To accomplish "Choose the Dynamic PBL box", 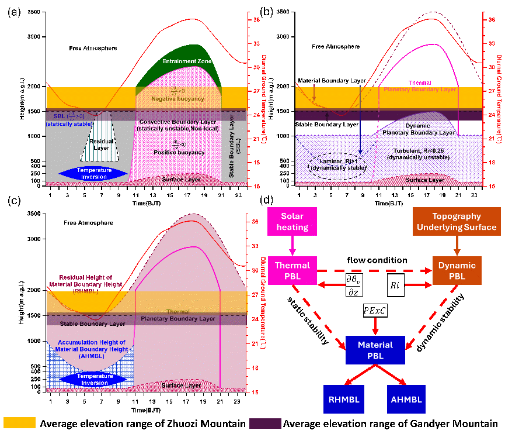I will (457, 270).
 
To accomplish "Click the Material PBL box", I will (375, 350).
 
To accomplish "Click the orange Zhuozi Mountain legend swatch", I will (20, 423).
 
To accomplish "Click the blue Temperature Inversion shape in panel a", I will (93, 173).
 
